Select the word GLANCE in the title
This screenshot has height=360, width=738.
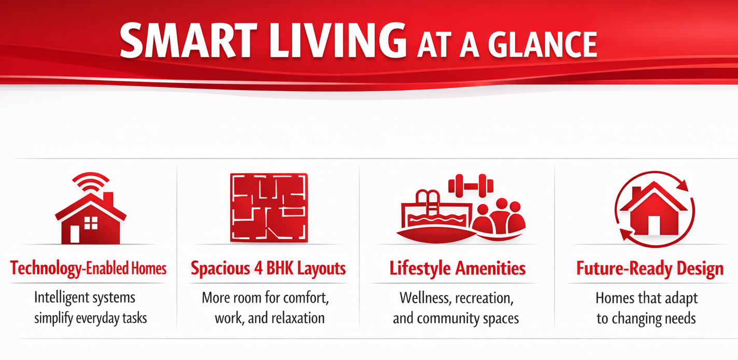click(545, 45)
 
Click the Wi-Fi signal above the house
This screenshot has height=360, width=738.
click(91, 182)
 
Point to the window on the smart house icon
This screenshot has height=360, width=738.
click(91, 223)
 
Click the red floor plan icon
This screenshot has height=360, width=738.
click(269, 208)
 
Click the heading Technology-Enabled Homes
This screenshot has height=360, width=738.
click(89, 268)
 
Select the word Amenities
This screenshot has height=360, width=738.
click(490, 268)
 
